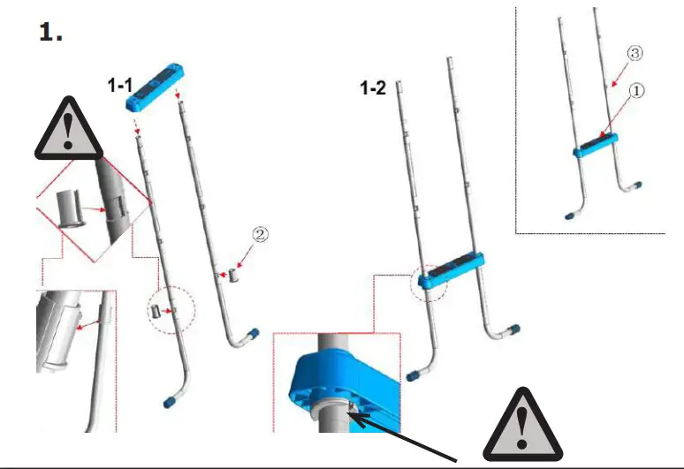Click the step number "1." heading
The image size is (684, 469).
pos(51,33)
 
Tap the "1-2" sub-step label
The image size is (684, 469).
pos(372,88)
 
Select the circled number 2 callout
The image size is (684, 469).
pos(260,235)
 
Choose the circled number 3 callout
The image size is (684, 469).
pos(634,54)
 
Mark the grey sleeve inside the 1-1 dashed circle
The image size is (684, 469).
pos(156,312)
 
